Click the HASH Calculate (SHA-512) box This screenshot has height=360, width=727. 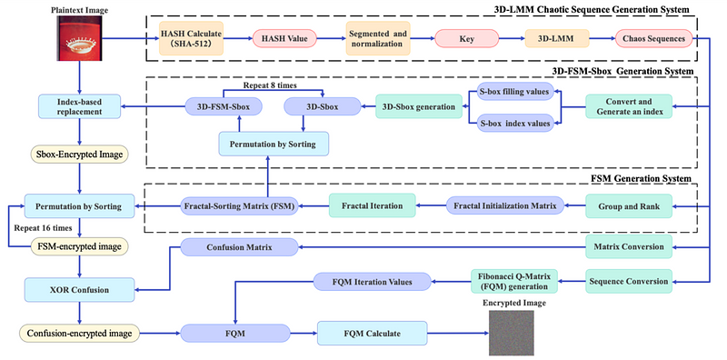pyautogui.click(x=191, y=38)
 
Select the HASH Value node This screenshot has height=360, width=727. pyautogui.click(x=284, y=38)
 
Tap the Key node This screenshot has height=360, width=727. pyautogui.click(x=467, y=38)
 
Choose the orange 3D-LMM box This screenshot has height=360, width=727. pyautogui.click(x=557, y=38)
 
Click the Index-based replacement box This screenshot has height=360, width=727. pyautogui.click(x=80, y=107)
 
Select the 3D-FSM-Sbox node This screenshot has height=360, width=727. pyautogui.click(x=224, y=106)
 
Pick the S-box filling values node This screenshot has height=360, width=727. pyautogui.click(x=515, y=92)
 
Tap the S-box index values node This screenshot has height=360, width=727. pyautogui.click(x=515, y=124)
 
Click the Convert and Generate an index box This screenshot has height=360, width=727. pyautogui.click(x=629, y=107)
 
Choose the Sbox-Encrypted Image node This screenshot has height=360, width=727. pyautogui.click(x=80, y=155)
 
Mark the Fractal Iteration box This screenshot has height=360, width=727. pyautogui.click(x=373, y=205)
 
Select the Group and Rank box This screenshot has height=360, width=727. pyautogui.click(x=629, y=205)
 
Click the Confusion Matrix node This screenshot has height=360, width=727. pyautogui.click(x=239, y=247)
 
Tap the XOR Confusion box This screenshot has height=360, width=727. pyautogui.click(x=80, y=290)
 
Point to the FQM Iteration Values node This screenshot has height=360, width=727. pyautogui.click(x=373, y=281)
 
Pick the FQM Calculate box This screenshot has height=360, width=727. pyautogui.click(x=373, y=333)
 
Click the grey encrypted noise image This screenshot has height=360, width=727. pyautogui.click(x=511, y=333)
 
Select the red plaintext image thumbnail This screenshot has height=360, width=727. pyautogui.click(x=79, y=38)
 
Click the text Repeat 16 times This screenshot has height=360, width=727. pyautogui.click(x=42, y=228)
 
